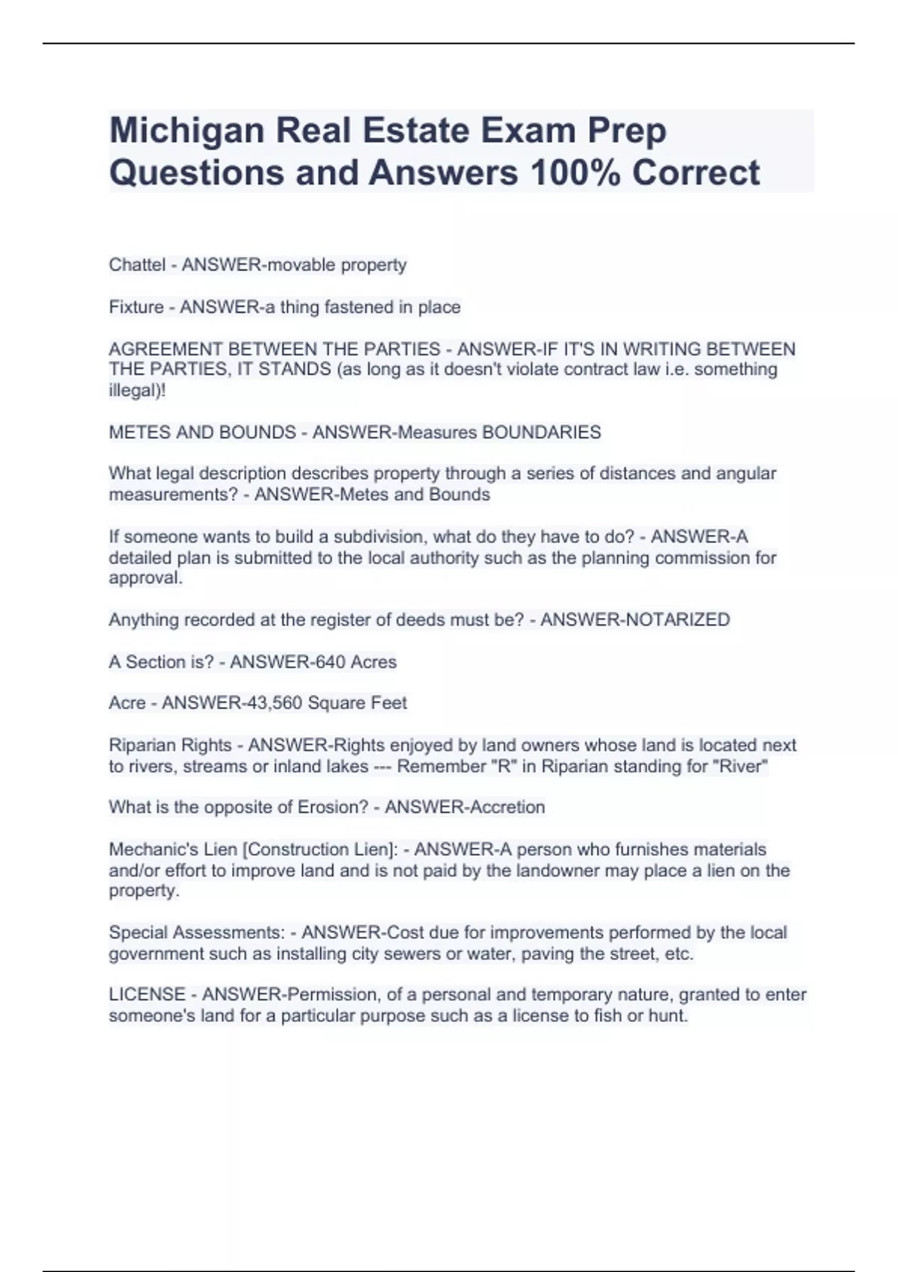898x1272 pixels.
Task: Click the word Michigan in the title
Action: point(186,131)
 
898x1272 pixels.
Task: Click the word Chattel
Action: point(137,265)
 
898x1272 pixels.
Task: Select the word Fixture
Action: point(136,307)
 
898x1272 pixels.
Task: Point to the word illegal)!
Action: point(137,391)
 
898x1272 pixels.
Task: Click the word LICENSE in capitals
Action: point(147,994)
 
